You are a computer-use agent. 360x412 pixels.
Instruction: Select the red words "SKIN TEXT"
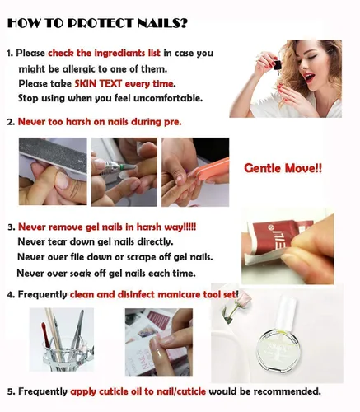pos(101,83)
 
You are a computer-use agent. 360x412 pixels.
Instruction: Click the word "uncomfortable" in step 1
pos(163,98)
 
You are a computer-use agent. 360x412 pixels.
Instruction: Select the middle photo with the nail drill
pos(123,171)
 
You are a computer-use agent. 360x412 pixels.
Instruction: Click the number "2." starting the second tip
pos(11,122)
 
